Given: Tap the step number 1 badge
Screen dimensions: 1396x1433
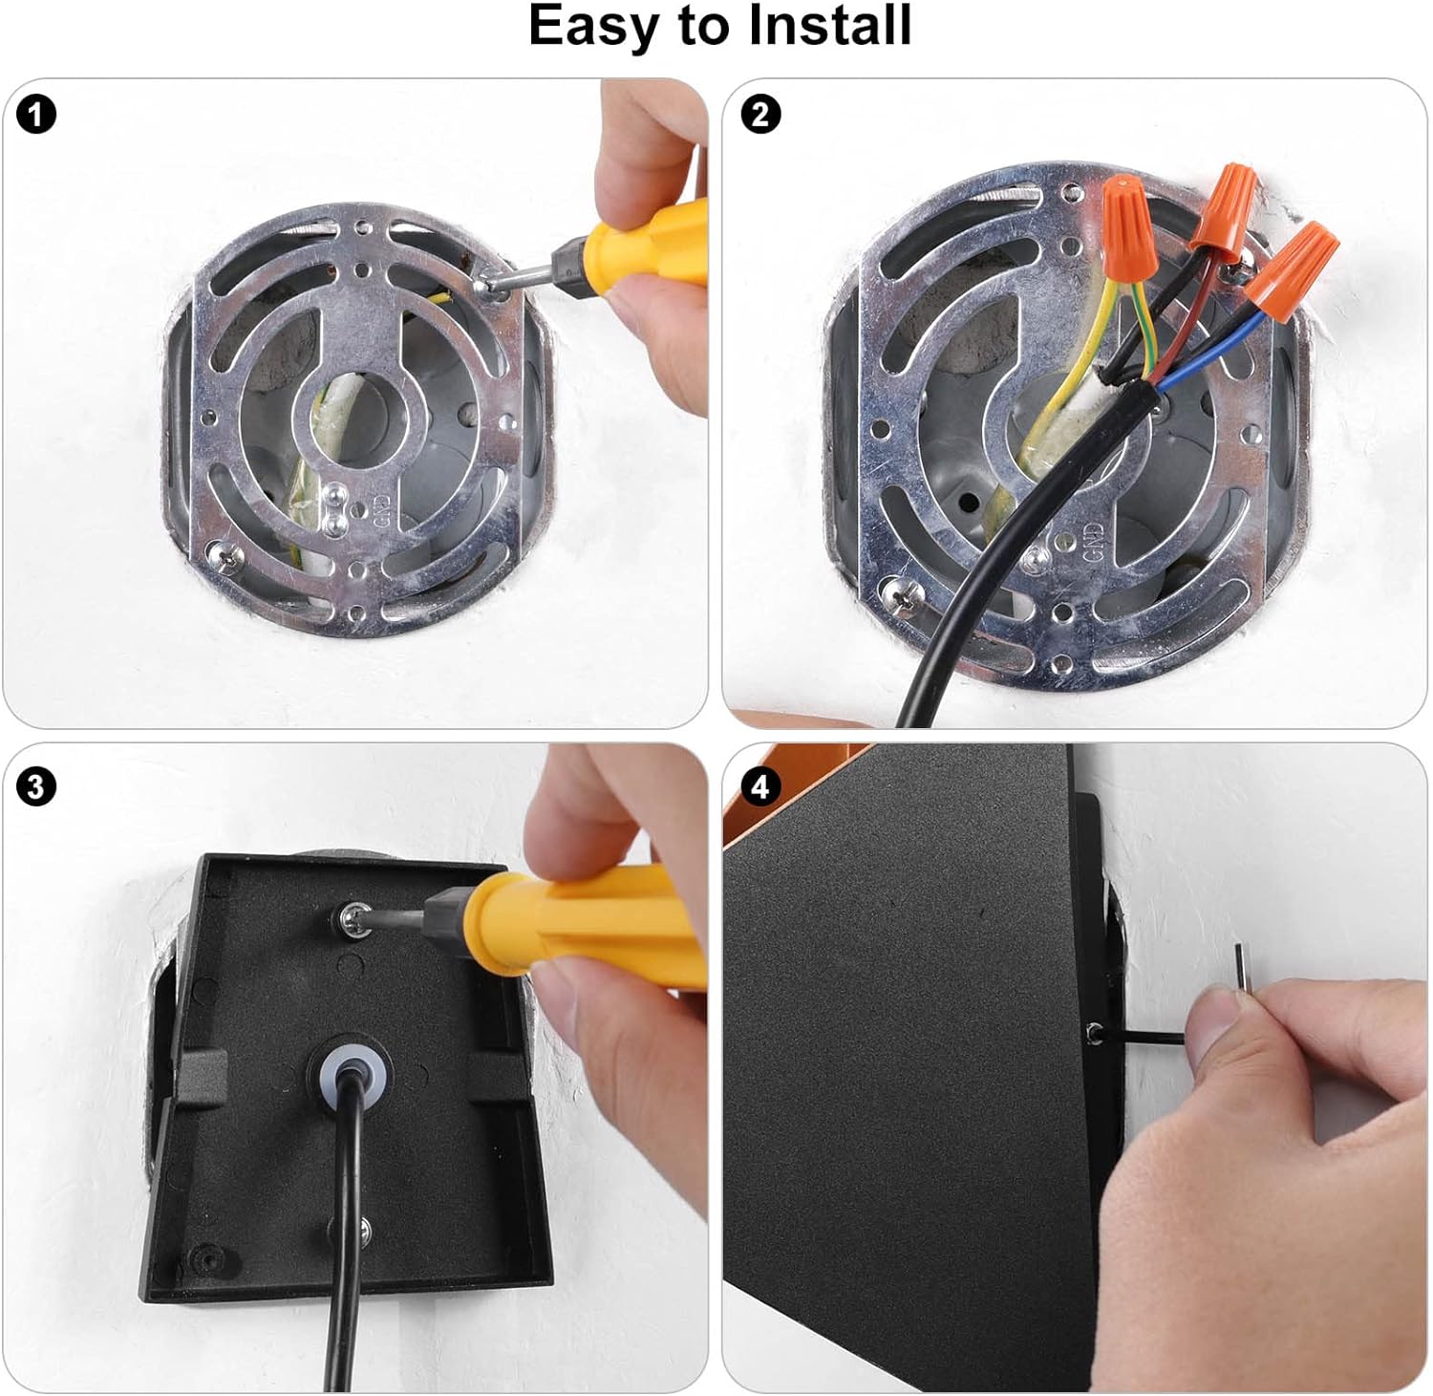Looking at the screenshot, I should (x=36, y=116).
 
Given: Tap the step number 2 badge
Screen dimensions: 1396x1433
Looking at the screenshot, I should (x=760, y=116).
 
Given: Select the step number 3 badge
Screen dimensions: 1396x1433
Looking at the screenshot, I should (x=36, y=787).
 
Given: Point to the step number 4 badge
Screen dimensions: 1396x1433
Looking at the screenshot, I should (x=760, y=787).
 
